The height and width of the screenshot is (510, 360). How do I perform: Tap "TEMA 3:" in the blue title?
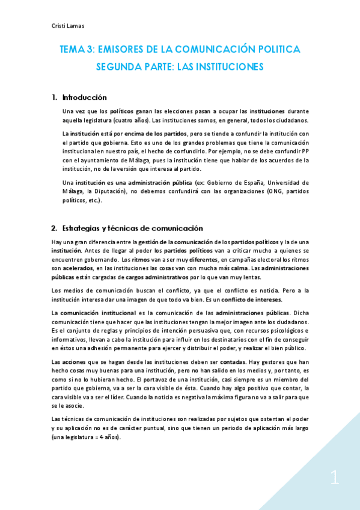pyautogui.click(x=77, y=49)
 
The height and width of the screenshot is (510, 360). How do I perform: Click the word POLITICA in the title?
pyautogui.click(x=275, y=49)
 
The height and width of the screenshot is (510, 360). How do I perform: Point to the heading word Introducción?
pyautogui.click(x=84, y=97)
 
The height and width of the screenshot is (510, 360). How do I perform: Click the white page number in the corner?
pyautogui.click(x=335, y=479)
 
